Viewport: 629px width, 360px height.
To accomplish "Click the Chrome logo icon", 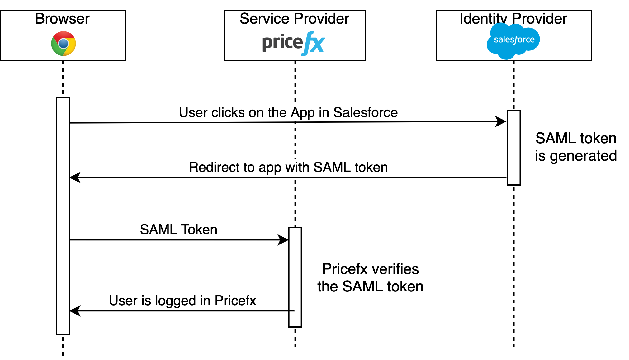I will coord(64,44).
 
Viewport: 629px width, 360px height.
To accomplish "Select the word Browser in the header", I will coord(62,19).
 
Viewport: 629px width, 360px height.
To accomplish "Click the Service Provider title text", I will coord(294,19).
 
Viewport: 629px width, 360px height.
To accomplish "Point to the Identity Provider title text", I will coord(513,19).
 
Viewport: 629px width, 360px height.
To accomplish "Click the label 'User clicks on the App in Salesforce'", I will coord(288,113).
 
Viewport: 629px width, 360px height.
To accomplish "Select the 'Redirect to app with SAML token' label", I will coord(288,168).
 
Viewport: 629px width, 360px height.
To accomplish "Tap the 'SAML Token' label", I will coord(178,230).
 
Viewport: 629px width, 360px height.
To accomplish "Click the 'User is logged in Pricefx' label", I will coord(182,301).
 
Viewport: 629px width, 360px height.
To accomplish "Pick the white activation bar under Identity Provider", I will coord(514,148).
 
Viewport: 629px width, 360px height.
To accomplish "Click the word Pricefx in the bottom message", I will coord(235,301).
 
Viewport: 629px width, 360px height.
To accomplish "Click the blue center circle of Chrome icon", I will coord(64,44).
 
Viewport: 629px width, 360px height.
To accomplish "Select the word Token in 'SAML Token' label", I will coord(199,230).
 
